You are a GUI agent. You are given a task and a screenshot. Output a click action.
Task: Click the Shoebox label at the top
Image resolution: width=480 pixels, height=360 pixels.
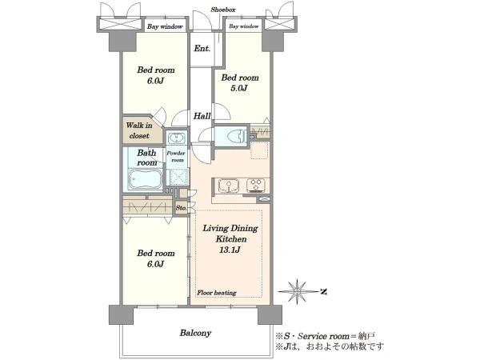pyautogui.click(x=223, y=10)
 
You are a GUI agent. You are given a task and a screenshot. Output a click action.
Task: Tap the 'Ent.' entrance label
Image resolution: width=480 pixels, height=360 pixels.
pyautogui.click(x=202, y=48)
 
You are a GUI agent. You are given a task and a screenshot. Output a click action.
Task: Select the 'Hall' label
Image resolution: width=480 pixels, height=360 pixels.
pyautogui.click(x=202, y=116)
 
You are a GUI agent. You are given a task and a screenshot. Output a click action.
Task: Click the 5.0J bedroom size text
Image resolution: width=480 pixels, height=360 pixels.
pyautogui.click(x=238, y=89)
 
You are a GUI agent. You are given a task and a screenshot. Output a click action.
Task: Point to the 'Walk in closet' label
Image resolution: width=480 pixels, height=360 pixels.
pyautogui.click(x=139, y=130)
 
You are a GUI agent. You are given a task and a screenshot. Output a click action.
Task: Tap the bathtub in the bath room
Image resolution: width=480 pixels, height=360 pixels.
pyautogui.click(x=145, y=180)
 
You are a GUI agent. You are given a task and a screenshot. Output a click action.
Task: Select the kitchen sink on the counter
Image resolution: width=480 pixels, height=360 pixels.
pyautogui.click(x=228, y=186)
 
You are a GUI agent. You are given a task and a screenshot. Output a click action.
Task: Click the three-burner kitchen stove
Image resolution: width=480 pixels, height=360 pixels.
pyautogui.click(x=256, y=186)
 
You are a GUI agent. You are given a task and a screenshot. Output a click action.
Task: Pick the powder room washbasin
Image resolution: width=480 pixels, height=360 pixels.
pyautogui.click(x=176, y=138)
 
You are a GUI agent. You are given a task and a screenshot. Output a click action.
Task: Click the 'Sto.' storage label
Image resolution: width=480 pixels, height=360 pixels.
pyautogui.click(x=182, y=208)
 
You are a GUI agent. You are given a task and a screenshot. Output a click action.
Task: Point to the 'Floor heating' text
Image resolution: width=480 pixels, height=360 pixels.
pyautogui.click(x=217, y=293)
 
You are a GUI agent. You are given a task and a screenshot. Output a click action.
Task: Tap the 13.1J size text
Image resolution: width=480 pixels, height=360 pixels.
pyautogui.click(x=230, y=250)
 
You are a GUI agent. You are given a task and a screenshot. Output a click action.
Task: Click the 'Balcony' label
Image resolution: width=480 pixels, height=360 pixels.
pyautogui.click(x=195, y=333)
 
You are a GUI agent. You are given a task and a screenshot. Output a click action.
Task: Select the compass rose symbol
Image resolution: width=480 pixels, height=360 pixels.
pyautogui.click(x=298, y=291)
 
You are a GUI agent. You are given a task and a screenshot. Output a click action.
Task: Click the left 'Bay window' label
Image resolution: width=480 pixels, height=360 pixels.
pyautogui.click(x=165, y=26)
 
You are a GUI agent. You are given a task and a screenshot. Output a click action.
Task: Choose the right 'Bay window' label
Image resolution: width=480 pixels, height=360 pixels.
pyautogui.click(x=244, y=26)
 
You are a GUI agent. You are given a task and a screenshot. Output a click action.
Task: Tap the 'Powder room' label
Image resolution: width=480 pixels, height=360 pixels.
pyautogui.click(x=176, y=157)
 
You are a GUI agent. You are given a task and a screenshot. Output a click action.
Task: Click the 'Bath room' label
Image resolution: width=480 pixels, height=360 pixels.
pyautogui.click(x=146, y=158)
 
